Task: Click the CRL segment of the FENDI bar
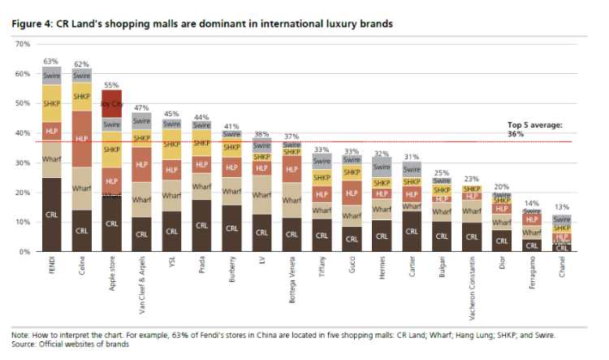tap(51, 215)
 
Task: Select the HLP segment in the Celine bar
tap(81, 139)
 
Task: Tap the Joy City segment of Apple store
tap(111, 103)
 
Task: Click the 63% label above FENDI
tap(51, 61)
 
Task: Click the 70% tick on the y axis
tap(23, 44)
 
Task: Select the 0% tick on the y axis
tap(24, 252)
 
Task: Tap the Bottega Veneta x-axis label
tap(291, 278)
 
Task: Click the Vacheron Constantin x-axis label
tap(471, 286)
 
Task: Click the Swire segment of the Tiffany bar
tap(321, 161)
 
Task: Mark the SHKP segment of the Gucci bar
tap(351, 172)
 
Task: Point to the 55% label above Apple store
tap(111, 85)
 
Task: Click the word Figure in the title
tap(28, 24)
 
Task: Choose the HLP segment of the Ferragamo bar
tap(531, 219)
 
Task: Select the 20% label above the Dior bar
tap(501, 186)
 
